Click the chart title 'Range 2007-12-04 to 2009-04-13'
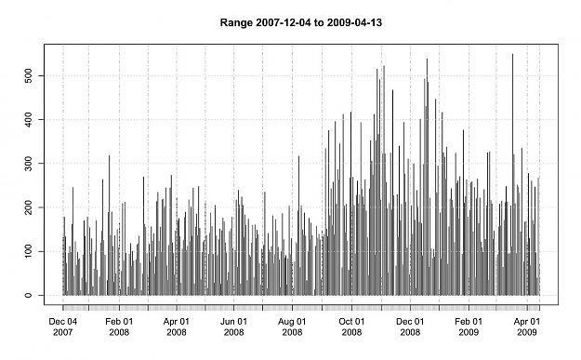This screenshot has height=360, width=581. tap(301, 23)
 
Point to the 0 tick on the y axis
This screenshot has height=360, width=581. tap(29, 296)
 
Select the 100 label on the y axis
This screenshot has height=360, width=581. tap(29, 251)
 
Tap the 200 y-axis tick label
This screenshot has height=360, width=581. tap(29, 207)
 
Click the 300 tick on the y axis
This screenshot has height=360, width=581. tap(29, 164)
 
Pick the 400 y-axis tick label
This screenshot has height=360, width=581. tap(29, 120)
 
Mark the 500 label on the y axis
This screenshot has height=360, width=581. tap(29, 75)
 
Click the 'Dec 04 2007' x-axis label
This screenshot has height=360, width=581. tap(63, 327)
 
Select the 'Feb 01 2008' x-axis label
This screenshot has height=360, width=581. tap(119, 327)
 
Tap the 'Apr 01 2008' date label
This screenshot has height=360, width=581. tap(177, 327)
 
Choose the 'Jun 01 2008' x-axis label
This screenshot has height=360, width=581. tap(234, 327)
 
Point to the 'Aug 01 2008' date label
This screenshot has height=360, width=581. tap(292, 327)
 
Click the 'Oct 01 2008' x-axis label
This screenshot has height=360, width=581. tap(351, 327)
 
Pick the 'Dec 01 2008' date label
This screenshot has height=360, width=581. tap(410, 327)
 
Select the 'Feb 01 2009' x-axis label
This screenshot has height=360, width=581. tap(469, 327)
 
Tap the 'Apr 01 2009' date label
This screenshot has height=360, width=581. tap(527, 327)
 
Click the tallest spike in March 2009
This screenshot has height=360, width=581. tap(513, 174)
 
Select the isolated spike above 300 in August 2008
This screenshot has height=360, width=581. tap(299, 225)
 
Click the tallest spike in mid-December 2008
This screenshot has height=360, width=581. tap(427, 177)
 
